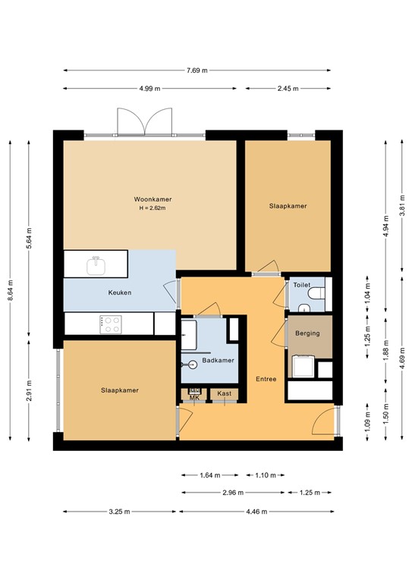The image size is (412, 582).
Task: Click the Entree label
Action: click(x=266, y=378)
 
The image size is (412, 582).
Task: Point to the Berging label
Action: click(x=308, y=333)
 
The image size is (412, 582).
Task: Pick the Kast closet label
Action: click(x=224, y=393)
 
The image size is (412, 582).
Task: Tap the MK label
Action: click(x=194, y=397)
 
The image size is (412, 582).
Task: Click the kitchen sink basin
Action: click(x=96, y=266)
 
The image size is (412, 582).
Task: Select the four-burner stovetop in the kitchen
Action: click(x=112, y=324)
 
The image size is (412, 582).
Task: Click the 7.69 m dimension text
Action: click(x=197, y=70)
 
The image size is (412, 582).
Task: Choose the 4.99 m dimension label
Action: click(x=149, y=89)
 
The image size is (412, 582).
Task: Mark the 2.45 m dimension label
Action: click(x=288, y=89)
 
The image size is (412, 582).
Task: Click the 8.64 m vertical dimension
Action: click(x=9, y=289)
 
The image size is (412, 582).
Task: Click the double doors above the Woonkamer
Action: click(x=146, y=121)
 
